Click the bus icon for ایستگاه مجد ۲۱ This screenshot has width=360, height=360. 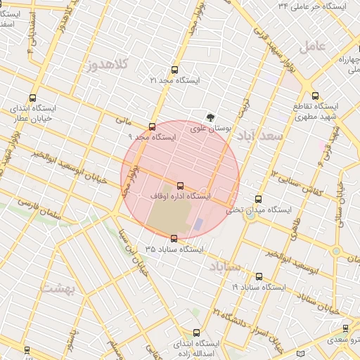point(174,70)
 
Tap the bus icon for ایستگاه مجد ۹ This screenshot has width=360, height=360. point(153,127)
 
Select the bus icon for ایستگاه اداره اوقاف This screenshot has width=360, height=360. point(181,186)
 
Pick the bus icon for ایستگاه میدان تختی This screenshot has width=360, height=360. point(259,199)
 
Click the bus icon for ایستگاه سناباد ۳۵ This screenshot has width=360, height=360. point(174,238)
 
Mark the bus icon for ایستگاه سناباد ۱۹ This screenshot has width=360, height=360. point(259,276)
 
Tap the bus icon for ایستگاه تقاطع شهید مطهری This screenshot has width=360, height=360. point(315,96)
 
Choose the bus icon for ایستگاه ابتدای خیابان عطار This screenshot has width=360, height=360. point(32,98)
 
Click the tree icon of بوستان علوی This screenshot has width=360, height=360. point(210,117)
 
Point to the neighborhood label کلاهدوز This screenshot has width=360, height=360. point(109,65)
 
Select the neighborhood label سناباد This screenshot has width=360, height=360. point(225,266)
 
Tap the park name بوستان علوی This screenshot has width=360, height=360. point(212,129)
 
